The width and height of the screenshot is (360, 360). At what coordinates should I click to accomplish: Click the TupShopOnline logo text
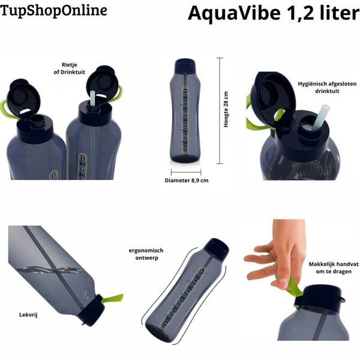[x=54, y=11]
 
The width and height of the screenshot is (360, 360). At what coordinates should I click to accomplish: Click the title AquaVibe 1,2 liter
[x=274, y=13]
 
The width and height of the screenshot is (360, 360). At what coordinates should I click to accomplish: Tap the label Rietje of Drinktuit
[x=70, y=68]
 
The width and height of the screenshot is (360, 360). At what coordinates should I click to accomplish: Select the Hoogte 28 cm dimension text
[x=226, y=109]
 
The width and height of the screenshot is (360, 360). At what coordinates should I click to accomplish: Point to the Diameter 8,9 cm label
[x=187, y=181]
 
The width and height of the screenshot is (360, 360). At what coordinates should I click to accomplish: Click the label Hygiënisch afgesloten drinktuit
[x=327, y=87]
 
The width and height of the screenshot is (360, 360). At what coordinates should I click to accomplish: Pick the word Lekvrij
[x=28, y=314]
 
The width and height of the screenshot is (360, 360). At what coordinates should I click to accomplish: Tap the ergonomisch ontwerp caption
[x=146, y=254]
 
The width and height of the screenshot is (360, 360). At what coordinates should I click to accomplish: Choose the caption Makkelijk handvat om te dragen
[x=334, y=268]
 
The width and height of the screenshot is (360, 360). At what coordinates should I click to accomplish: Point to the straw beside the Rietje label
[x=92, y=98]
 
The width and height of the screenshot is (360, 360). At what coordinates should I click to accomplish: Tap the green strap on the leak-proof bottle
[x=113, y=299]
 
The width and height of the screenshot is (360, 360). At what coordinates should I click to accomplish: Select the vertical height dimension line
[x=220, y=111]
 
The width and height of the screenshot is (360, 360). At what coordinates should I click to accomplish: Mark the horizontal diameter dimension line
[x=186, y=172]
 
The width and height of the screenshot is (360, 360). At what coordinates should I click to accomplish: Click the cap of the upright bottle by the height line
[x=185, y=65]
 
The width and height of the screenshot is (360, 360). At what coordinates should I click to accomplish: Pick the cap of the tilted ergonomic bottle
[x=216, y=247]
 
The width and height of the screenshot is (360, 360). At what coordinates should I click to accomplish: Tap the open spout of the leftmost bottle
[x=38, y=121]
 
